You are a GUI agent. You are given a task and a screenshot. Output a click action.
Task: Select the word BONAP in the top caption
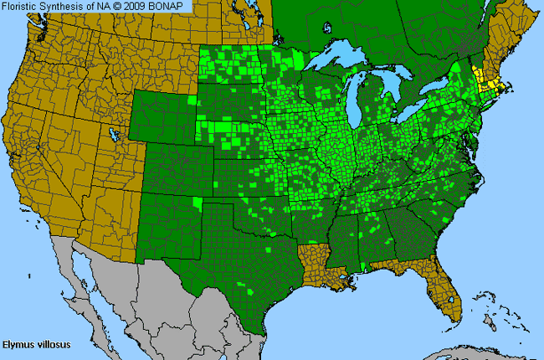tap(175, 7)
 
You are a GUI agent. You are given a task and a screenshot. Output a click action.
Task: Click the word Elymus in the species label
tap(18, 342)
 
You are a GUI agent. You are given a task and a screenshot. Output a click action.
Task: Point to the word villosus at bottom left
tap(54, 342)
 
